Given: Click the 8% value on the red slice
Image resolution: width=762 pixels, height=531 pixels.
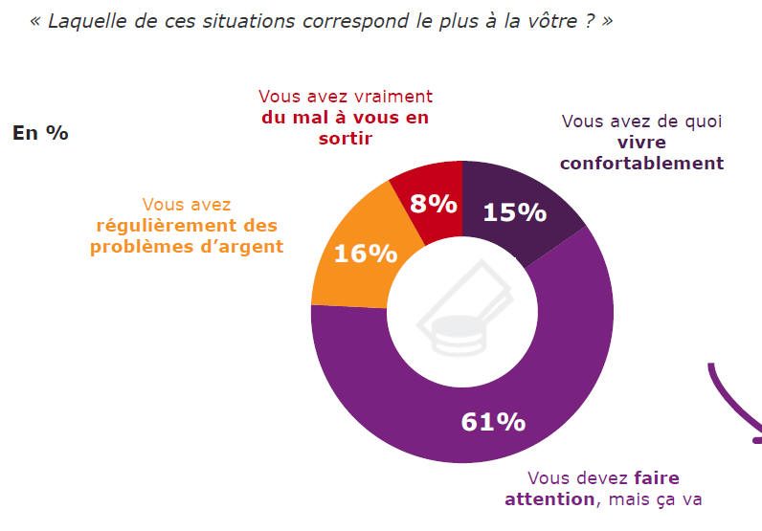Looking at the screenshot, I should pyautogui.click(x=432, y=204).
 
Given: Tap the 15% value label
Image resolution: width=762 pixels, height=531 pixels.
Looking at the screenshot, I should pyautogui.click(x=514, y=211).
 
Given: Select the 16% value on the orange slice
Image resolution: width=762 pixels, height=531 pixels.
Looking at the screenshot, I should pyautogui.click(x=365, y=254).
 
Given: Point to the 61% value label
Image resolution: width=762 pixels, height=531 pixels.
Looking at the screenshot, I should pyautogui.click(x=493, y=421).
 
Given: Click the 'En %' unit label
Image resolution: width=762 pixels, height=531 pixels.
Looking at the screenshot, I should pyautogui.click(x=40, y=133).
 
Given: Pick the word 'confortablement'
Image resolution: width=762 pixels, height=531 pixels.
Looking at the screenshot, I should pyautogui.click(x=641, y=163).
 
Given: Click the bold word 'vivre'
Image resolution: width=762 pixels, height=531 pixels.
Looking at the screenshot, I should pyautogui.click(x=641, y=143).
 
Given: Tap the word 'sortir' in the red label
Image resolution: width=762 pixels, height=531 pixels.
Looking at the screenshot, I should pyautogui.click(x=345, y=138).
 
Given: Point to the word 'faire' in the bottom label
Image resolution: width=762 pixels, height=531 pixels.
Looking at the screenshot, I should pyautogui.click(x=656, y=477).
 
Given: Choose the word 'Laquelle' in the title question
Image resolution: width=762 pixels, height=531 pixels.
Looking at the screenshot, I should pyautogui.click(x=83, y=21).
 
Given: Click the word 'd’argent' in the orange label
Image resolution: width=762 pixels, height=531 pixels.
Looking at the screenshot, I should pyautogui.click(x=245, y=246).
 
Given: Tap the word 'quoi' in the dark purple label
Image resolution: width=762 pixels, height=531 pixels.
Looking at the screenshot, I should pyautogui.click(x=703, y=122).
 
